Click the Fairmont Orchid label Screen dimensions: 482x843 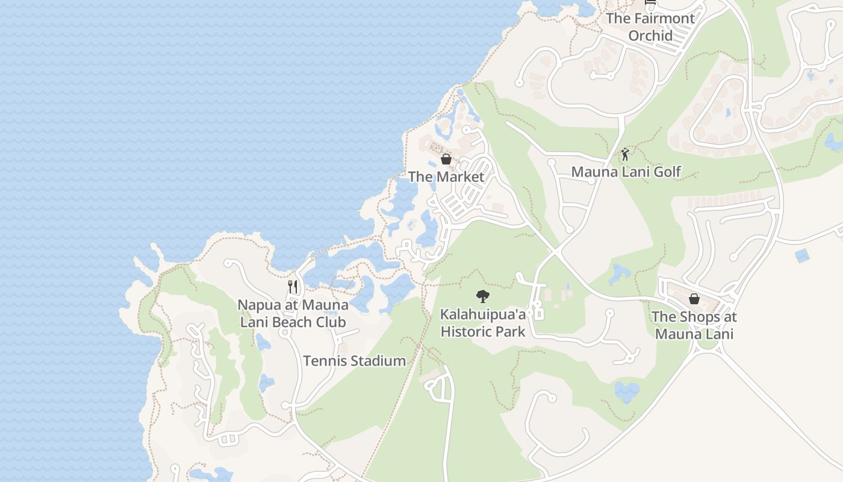click(x=650, y=27)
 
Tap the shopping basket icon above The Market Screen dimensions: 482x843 click(x=446, y=159)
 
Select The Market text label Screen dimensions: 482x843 click(x=446, y=177)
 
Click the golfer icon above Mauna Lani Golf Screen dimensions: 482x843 click(x=625, y=154)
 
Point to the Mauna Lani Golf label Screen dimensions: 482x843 click(x=626, y=172)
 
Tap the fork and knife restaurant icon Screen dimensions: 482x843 click(x=293, y=287)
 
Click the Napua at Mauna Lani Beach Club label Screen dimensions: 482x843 click(x=293, y=313)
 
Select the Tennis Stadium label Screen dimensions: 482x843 click(x=354, y=361)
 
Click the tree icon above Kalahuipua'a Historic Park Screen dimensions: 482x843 click(x=482, y=296)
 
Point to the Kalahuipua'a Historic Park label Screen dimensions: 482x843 click(x=483, y=323)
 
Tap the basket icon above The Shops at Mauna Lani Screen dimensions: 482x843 click(x=694, y=299)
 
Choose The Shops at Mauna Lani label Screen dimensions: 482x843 click(x=694, y=325)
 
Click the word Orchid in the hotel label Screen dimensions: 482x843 click(x=650, y=36)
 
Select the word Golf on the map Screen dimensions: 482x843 click(x=667, y=172)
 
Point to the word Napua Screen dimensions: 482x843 click(x=260, y=305)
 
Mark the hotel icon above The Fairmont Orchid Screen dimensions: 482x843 click(x=650, y=2)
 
